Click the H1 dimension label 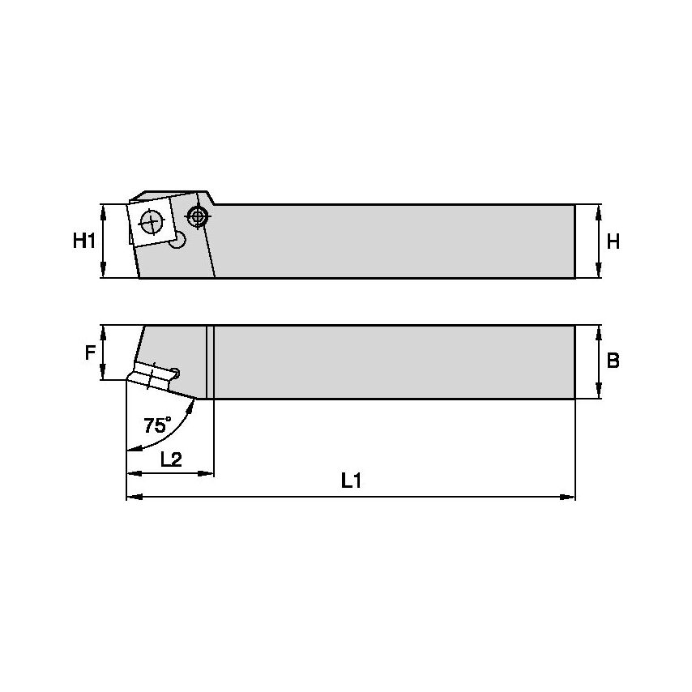[x=84, y=241]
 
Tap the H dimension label [x=613, y=241]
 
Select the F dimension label [x=90, y=352]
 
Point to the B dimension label [x=613, y=361]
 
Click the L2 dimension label [x=170, y=459]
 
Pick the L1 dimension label [x=350, y=481]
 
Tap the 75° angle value [x=157, y=425]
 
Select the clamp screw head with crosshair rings [x=197, y=216]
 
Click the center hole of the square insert [x=151, y=219]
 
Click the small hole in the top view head [x=176, y=373]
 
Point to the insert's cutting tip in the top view [x=128, y=379]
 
